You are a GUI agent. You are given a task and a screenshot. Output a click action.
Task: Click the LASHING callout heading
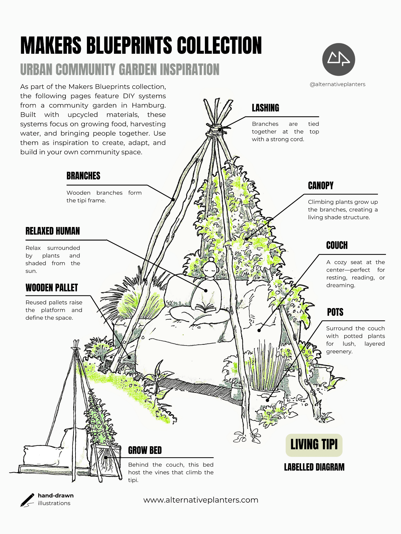(x=265, y=108)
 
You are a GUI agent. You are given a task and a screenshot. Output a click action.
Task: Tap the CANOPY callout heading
(x=320, y=186)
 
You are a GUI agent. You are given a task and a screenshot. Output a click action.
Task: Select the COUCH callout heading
(x=337, y=245)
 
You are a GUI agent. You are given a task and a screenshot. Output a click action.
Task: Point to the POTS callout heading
(x=335, y=312)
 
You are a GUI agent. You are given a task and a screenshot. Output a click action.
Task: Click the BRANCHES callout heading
(x=83, y=176)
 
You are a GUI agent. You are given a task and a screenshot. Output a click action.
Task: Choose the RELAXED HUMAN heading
(x=53, y=231)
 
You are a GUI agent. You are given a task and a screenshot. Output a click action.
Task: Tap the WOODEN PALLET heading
(x=52, y=288)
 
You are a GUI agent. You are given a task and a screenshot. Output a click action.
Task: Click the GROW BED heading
(x=145, y=450)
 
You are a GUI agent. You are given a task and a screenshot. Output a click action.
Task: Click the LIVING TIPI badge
(x=314, y=445)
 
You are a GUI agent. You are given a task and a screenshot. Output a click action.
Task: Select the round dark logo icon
(x=339, y=59)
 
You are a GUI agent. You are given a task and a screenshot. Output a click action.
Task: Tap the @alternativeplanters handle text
(x=338, y=84)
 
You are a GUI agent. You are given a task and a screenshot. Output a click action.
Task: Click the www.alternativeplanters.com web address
(x=201, y=500)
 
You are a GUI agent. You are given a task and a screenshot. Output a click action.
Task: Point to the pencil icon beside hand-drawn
(x=27, y=500)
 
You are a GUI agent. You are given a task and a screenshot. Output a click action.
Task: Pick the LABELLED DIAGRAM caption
(x=314, y=467)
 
